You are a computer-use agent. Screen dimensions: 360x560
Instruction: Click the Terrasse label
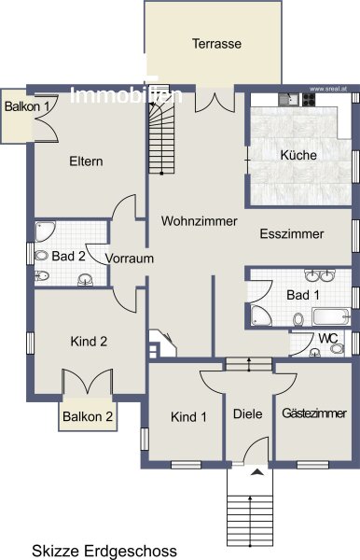tap(216, 44)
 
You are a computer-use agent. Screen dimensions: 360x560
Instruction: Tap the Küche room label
tap(298, 155)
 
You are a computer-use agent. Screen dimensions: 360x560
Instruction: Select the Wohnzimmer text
tap(199, 220)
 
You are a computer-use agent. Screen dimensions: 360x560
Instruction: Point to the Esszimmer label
tap(292, 233)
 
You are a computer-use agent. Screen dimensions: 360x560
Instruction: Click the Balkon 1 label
tap(27, 106)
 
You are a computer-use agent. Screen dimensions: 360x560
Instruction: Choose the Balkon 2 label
tap(88, 416)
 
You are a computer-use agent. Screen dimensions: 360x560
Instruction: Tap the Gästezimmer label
tap(314, 413)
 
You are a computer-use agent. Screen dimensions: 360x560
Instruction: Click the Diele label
tap(247, 413)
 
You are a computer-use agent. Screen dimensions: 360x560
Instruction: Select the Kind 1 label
tap(188, 417)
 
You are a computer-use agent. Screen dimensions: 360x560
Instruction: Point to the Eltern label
tap(86, 161)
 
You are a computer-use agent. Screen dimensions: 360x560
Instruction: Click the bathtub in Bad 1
tap(331, 316)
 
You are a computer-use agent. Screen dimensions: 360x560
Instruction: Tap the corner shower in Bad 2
tap(45, 231)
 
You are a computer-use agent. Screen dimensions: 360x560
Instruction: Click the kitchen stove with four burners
tap(309, 99)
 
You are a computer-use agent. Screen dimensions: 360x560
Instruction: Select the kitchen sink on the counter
tap(290, 99)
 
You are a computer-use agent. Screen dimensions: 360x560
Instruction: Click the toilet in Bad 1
tap(298, 319)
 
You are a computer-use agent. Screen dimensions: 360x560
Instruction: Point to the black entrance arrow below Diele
tap(257, 472)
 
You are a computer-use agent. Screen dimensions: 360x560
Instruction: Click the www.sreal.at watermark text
tap(328, 89)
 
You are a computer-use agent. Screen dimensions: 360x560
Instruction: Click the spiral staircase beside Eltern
tap(161, 130)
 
